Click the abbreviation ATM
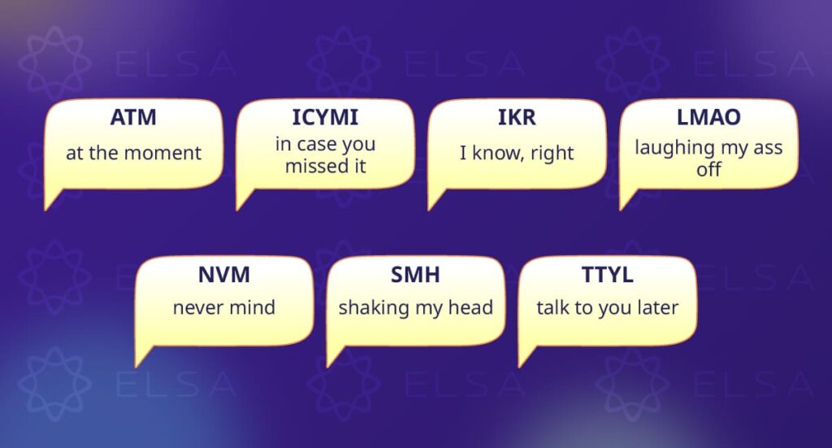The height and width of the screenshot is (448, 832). tap(133, 117)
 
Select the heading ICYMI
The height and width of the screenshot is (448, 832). tap(325, 117)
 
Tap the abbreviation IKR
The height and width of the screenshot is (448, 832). tap(517, 117)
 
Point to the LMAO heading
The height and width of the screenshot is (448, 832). tap(708, 117)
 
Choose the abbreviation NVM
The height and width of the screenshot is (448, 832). tap(224, 275)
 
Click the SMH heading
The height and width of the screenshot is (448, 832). tap(415, 275)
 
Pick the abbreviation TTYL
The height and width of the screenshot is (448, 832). tap(608, 275)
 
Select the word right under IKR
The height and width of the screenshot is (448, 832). tap(552, 154)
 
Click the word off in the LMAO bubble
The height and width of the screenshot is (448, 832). tap(708, 169)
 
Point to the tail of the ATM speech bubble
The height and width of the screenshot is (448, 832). tap(52, 199)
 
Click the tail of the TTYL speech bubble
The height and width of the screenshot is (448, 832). tap(526, 355)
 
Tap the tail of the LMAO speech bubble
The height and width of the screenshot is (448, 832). tap(626, 199)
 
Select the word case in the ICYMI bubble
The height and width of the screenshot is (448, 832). tap(316, 145)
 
